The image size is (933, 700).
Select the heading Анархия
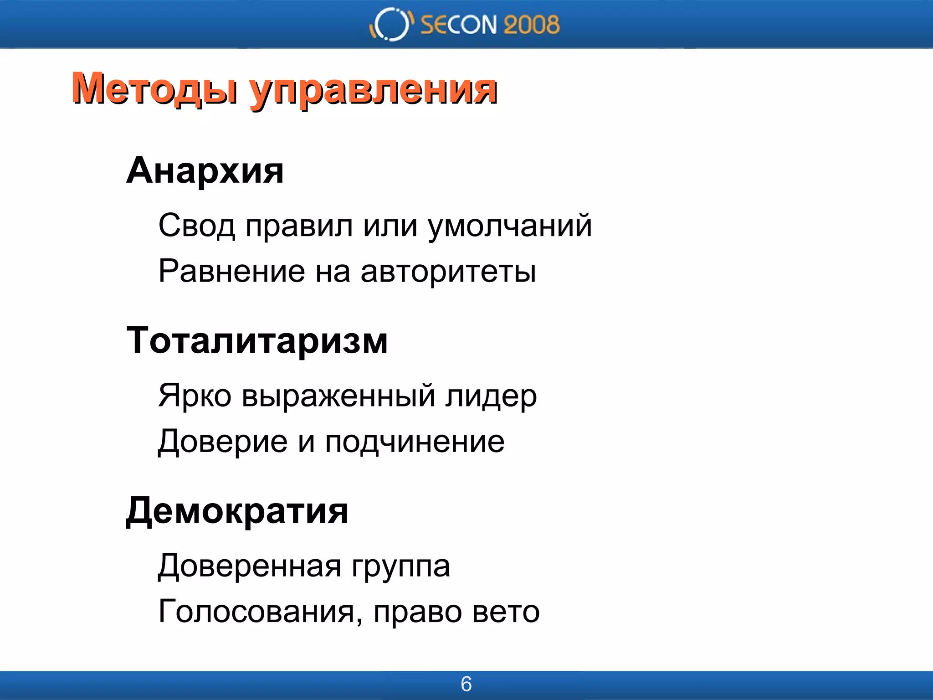point(205,170)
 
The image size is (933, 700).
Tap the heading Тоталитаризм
point(257,340)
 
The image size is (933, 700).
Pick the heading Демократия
point(237,511)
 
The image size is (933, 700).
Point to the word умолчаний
point(510,226)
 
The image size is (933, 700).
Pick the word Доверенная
point(250,566)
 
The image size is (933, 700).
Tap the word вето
point(506,612)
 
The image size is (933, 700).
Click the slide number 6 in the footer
point(466,684)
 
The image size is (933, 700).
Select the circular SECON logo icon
point(391,24)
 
